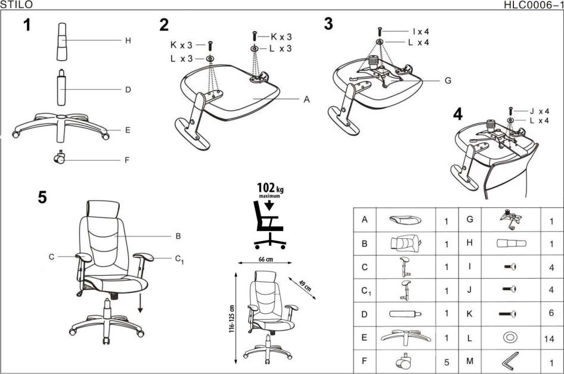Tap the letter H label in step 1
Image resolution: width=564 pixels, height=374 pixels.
[x=128, y=41]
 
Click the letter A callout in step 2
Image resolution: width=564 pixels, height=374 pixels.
[x=306, y=99]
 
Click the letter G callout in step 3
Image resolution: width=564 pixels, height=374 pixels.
[x=447, y=80]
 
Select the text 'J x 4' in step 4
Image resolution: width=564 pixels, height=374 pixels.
[x=539, y=111]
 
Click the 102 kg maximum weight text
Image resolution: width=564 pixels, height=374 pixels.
[x=269, y=189]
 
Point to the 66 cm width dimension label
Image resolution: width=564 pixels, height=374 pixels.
[x=265, y=260]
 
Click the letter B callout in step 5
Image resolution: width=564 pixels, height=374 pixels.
[x=178, y=236]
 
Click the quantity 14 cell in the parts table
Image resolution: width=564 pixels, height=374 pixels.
[x=550, y=338]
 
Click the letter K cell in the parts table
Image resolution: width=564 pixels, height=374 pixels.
[x=470, y=313]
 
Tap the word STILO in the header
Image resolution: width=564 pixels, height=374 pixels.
[x=17, y=5]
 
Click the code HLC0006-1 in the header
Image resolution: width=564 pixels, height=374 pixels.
[x=533, y=5]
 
